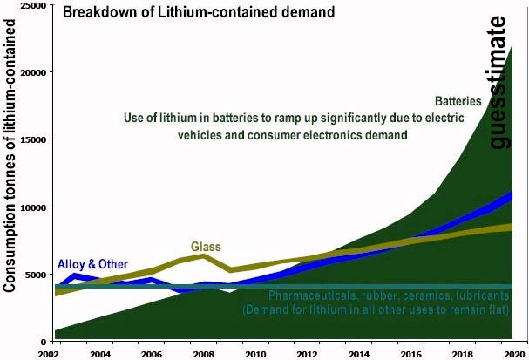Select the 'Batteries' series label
coord(458,101)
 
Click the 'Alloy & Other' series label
coord(92,264)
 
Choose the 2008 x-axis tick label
coord(203,354)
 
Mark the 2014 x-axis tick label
coord(358,354)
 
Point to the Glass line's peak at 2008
coord(204,256)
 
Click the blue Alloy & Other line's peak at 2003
coord(75,277)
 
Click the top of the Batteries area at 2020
coord(512,44)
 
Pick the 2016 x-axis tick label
coord(410,354)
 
